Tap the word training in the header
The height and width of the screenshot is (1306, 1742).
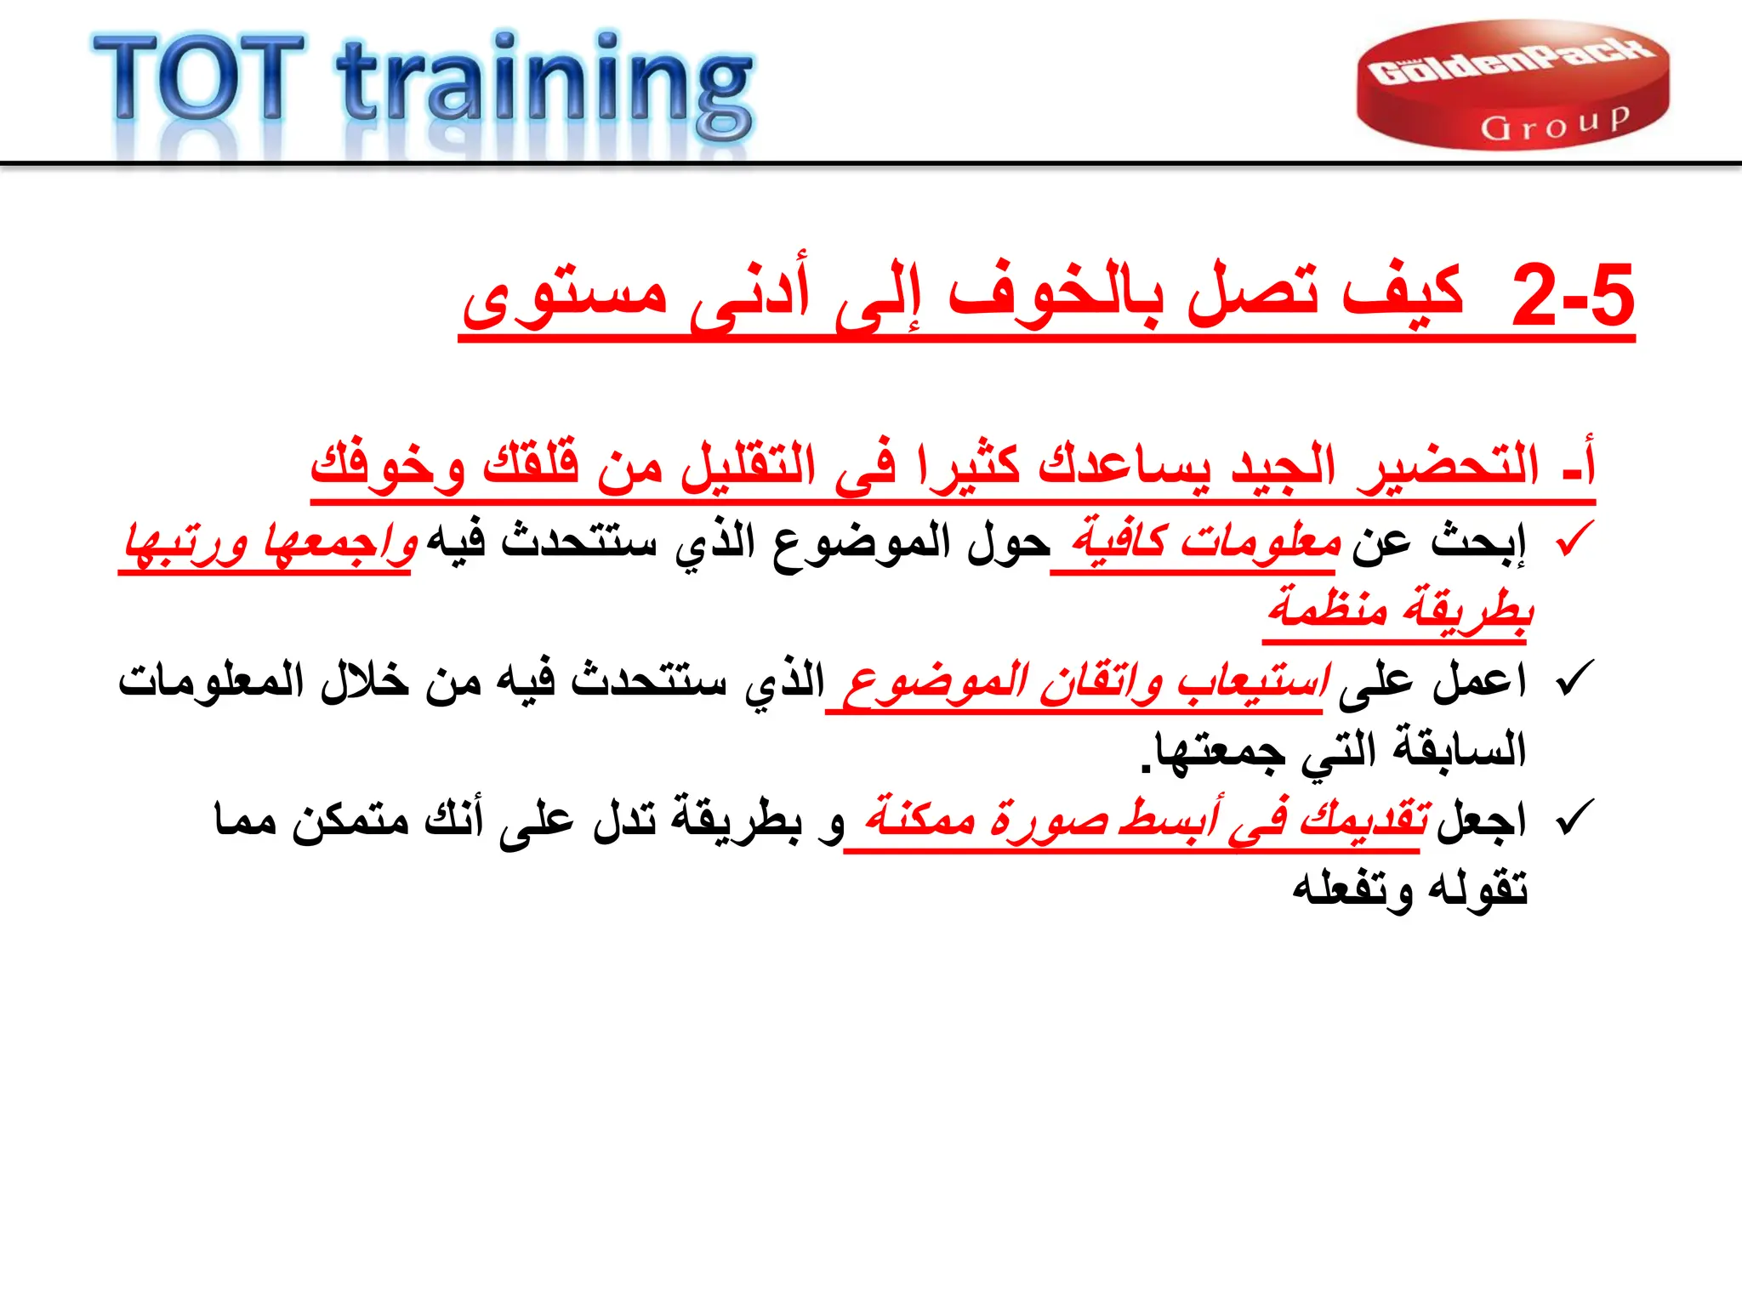[x=544, y=85]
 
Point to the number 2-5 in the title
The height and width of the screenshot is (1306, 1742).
[x=1572, y=296]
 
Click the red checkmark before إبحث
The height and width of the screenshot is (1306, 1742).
[x=1574, y=541]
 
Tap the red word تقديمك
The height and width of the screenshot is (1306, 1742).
[x=1364, y=818]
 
